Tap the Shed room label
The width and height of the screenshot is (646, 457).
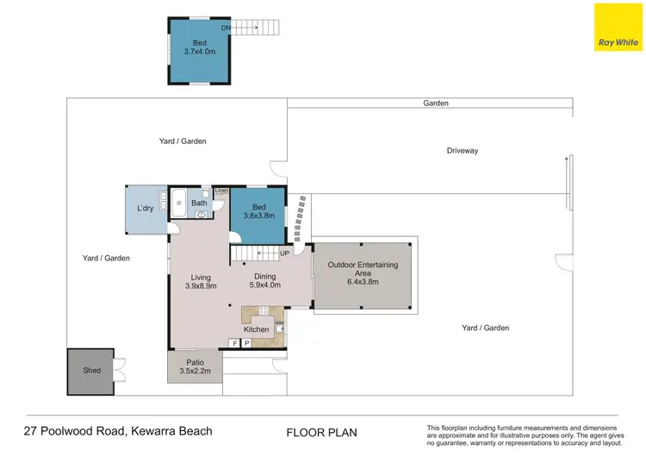coord(92,371)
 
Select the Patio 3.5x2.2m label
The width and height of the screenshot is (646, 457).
coord(194,366)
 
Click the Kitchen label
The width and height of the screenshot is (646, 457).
coord(256,329)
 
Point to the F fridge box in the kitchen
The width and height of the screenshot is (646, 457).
coord(235,343)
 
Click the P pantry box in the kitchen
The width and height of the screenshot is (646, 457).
coord(247,343)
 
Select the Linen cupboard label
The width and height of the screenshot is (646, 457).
coord(221,191)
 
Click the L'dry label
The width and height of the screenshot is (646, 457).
coord(146,209)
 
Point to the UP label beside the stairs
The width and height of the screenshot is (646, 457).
coord(284,254)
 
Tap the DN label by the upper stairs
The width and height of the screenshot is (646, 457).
coord(226,28)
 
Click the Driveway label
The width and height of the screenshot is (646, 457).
coord(462,151)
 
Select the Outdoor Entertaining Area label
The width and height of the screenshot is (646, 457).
coord(363,270)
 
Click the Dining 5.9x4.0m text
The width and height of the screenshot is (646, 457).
coord(264,280)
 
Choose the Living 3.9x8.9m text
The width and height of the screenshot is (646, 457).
coord(200,281)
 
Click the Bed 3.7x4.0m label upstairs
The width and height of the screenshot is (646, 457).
coord(199,47)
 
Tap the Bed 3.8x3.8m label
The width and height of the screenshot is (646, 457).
coord(258,212)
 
